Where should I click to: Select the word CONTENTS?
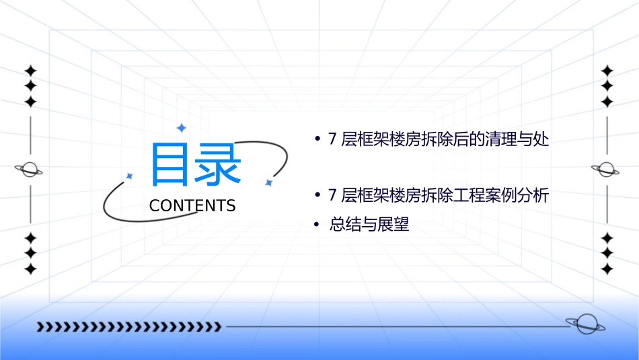coord(192,206)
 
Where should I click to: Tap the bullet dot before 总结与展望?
coord(317,225)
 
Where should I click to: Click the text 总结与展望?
coord(369,225)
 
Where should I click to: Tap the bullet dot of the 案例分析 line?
coord(317,196)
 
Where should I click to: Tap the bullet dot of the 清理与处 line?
coord(317,141)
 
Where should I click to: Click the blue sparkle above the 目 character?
coord(180,127)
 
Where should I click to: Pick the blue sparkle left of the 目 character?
coord(129,176)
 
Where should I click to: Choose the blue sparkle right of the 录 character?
coord(268,182)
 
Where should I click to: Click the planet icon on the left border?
coord(30,170)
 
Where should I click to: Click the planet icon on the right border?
coord(606,170)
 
